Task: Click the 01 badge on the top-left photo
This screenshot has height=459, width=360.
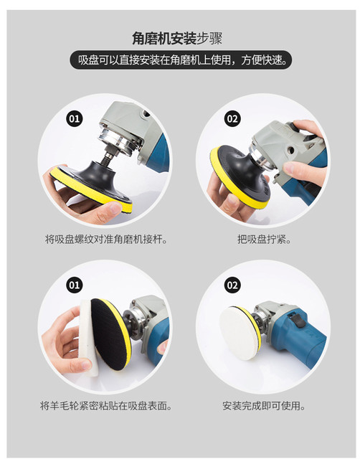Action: coord(74,118)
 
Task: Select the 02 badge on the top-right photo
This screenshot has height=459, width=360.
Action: coord(232,118)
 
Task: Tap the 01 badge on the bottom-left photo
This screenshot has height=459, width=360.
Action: coord(74,285)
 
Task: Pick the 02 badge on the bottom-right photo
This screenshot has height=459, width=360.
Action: coord(232,285)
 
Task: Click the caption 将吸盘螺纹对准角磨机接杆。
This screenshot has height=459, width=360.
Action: coord(106,238)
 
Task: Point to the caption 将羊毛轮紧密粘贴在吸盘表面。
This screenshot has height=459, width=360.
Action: coord(106,406)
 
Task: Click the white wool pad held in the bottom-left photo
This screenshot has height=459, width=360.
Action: coord(87,330)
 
